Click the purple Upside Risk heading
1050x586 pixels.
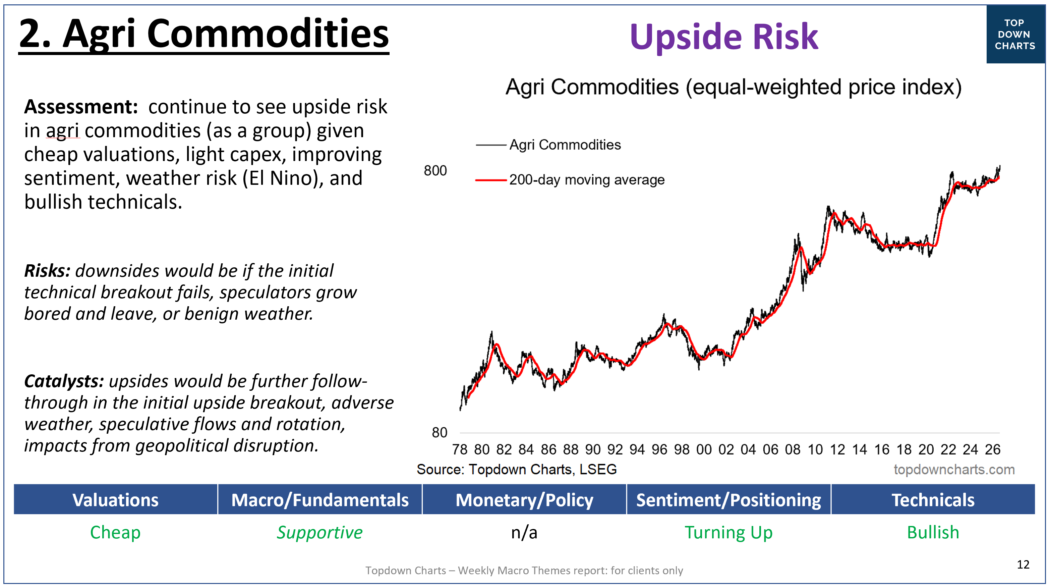tap(724, 37)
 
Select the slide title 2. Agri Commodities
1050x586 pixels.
tap(204, 35)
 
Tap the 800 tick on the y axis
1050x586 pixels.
tap(435, 170)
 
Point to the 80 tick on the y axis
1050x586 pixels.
tap(440, 432)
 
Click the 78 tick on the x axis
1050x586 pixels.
tap(459, 449)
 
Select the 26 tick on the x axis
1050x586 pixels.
tap(993, 449)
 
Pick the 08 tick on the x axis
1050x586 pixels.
tap(793, 449)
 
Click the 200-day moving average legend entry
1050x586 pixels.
tap(570, 180)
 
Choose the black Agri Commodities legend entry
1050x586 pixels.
tap(548, 145)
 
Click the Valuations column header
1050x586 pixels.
tap(115, 499)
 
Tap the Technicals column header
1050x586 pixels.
tap(933, 499)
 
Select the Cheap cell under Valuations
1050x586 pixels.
tap(115, 533)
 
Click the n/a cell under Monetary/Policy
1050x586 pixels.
tap(524, 533)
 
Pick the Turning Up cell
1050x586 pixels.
tap(728, 533)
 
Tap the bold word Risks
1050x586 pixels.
tap(47, 271)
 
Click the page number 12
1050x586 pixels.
tap(1023, 565)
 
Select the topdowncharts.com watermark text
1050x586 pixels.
tap(954, 469)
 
